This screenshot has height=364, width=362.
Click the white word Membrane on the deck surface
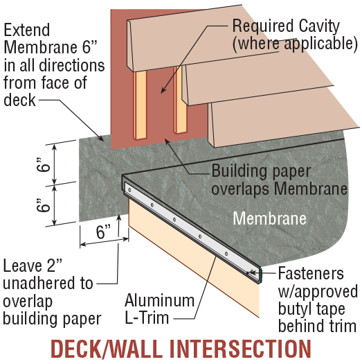coord(269,218)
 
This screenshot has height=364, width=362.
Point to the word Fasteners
coord(311,272)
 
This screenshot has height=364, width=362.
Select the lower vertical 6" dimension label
coord(44,207)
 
